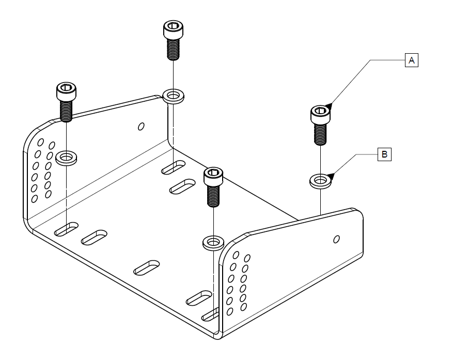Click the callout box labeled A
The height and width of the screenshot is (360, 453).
(411, 60)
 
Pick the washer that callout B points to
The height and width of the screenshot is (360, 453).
(320, 181)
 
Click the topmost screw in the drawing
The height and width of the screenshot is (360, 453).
(172, 38)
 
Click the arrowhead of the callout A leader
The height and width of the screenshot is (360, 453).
(329, 107)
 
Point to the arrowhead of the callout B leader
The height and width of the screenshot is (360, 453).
(331, 177)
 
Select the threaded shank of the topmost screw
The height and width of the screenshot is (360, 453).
(173, 50)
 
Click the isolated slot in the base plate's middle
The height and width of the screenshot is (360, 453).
(146, 267)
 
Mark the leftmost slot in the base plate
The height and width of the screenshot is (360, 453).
(66, 229)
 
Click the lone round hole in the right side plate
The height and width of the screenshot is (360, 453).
(337, 239)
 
